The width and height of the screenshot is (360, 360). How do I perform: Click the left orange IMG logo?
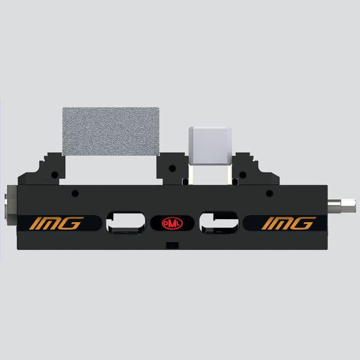pyautogui.click(x=56, y=223)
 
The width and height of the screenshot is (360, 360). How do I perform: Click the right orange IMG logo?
pyautogui.click(x=289, y=223)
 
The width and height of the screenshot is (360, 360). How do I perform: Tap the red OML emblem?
pyautogui.click(x=172, y=223)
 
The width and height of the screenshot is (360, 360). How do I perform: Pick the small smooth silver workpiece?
pyautogui.click(x=210, y=146)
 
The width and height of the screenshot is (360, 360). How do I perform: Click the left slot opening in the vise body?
pyautogui.click(x=126, y=222)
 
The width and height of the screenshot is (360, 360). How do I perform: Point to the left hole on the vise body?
pyautogui.click(x=75, y=193)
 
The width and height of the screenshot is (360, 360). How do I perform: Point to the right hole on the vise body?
pyautogui.click(x=269, y=193)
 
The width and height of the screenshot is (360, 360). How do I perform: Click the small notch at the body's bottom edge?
pyautogui.click(x=172, y=245)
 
